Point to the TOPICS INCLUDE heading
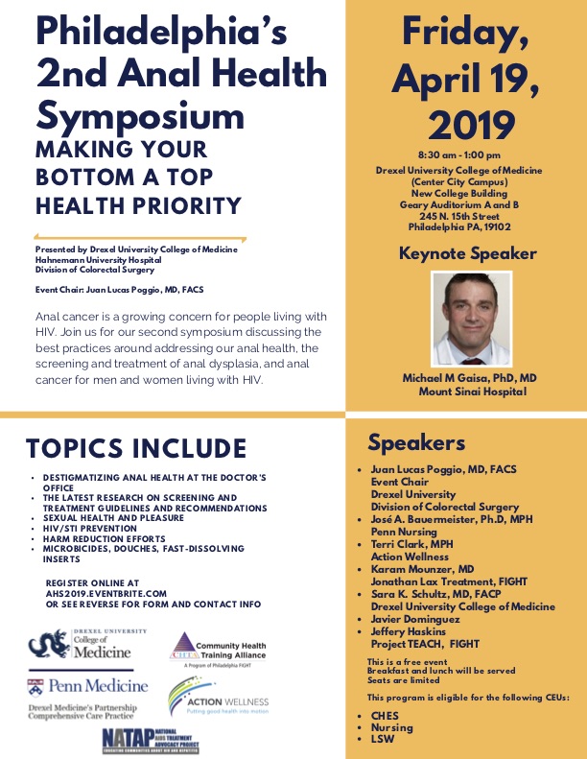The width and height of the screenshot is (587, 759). pos(135,449)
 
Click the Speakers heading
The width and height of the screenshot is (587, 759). pos(416,442)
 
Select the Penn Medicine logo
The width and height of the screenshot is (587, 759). pos(87,685)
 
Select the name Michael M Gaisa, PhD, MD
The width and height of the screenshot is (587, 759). pos(466,380)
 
